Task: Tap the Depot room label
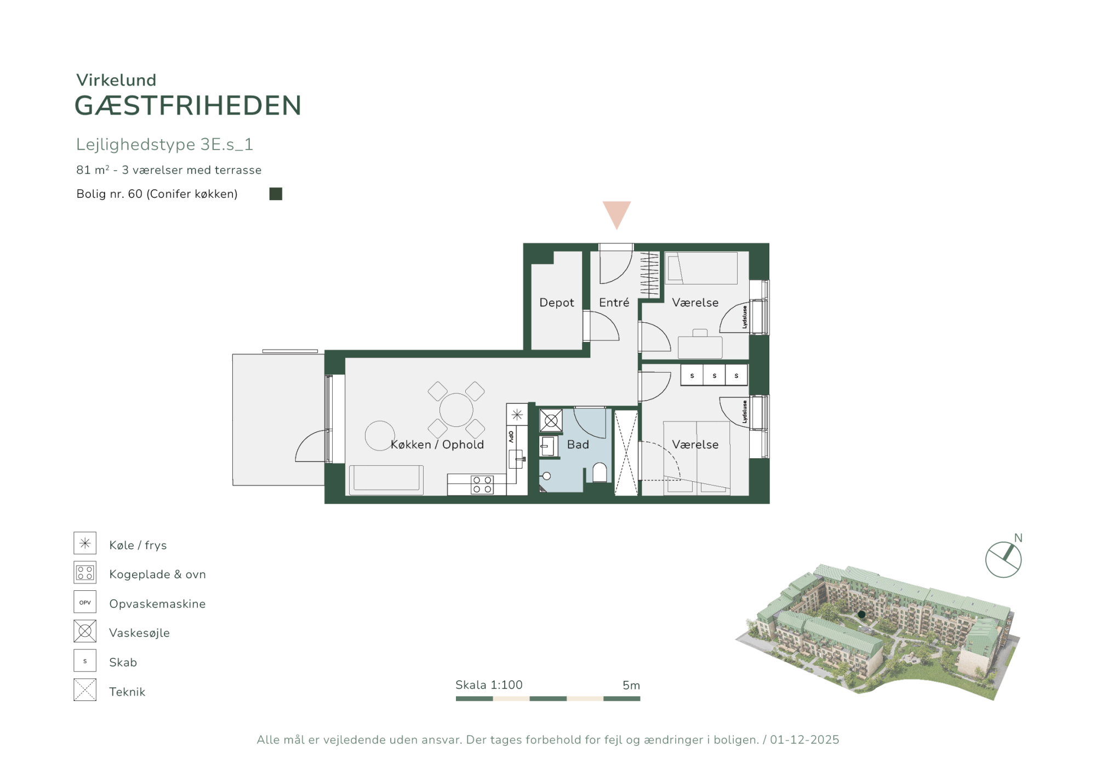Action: click(556, 303)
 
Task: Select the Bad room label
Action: click(578, 445)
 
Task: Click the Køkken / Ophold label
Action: click(437, 445)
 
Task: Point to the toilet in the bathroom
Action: click(600, 472)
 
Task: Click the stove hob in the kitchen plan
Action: click(482, 485)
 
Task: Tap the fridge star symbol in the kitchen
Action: click(517, 414)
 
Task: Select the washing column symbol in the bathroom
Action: click(551, 421)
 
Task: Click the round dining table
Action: click(456, 409)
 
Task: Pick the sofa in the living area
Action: click(386, 480)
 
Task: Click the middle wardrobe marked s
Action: click(714, 375)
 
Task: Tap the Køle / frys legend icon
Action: click(85, 543)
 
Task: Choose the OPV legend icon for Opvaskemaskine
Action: click(85, 602)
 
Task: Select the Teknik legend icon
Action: click(85, 689)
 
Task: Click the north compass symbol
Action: click(1003, 560)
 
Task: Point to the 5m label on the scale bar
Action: click(631, 685)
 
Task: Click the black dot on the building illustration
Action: click(861, 614)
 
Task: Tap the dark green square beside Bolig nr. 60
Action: click(276, 193)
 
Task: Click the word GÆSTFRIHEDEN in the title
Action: click(188, 106)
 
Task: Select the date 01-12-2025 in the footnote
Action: click(804, 740)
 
